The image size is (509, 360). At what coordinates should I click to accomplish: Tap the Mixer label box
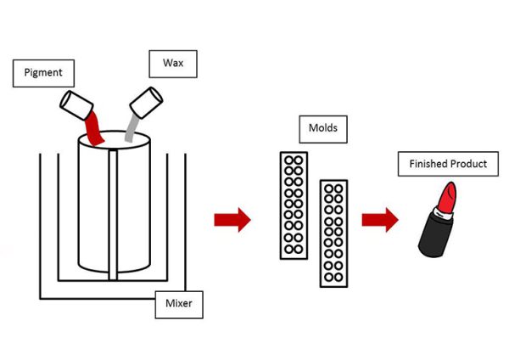(x=179, y=303)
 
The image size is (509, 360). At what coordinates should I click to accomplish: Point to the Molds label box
(x=323, y=131)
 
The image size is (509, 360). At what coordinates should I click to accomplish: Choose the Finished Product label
(x=447, y=164)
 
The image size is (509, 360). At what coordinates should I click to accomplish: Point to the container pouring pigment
(x=77, y=104)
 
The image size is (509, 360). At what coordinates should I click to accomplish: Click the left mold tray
(x=294, y=205)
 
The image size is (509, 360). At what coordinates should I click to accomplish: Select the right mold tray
(x=333, y=232)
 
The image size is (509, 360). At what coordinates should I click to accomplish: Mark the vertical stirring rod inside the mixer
(x=113, y=212)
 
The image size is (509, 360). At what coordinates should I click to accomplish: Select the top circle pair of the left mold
(x=294, y=160)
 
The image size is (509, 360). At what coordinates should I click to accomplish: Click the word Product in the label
(x=467, y=164)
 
